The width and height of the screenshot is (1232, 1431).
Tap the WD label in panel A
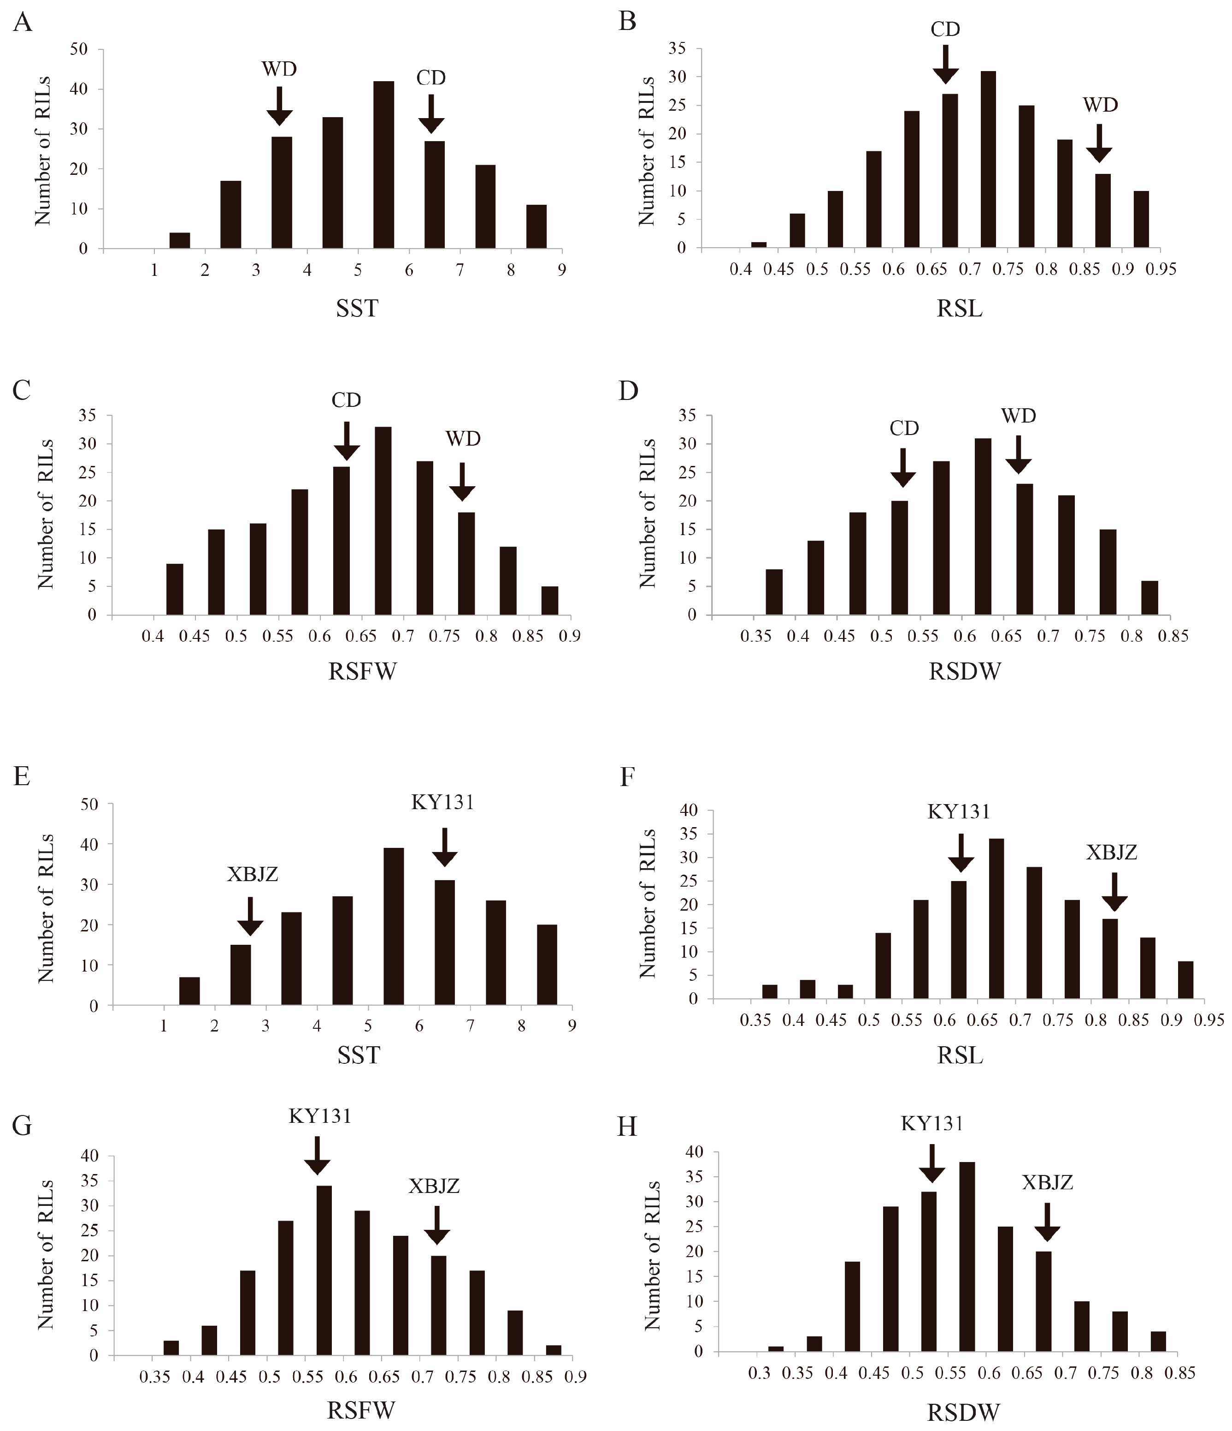pyautogui.click(x=279, y=69)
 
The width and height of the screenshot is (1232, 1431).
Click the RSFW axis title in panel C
pyautogui.click(x=362, y=671)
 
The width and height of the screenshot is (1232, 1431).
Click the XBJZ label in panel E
pyautogui.click(x=253, y=874)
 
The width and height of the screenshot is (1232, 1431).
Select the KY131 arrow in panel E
pyautogui.click(x=444, y=847)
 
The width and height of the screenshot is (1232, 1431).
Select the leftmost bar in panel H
pyautogui.click(x=776, y=1349)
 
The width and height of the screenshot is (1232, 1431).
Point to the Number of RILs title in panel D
pyautogui.click(x=648, y=515)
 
